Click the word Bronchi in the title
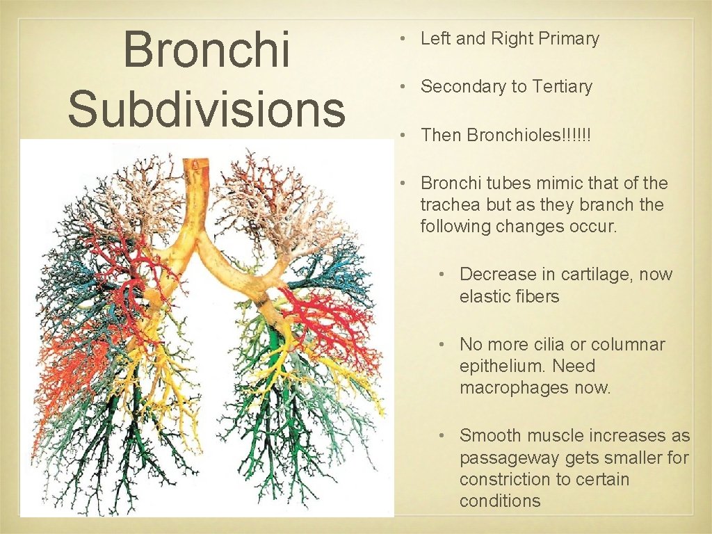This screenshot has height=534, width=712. click(x=207, y=50)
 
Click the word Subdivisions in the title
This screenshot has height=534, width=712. click(x=207, y=108)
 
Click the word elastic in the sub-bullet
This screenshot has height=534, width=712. click(x=482, y=297)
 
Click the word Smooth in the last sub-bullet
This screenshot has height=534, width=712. click(x=491, y=436)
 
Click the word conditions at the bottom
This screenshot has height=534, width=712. click(x=499, y=501)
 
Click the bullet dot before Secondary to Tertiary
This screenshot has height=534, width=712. click(x=402, y=87)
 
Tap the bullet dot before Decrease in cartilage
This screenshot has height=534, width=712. click(x=442, y=275)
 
